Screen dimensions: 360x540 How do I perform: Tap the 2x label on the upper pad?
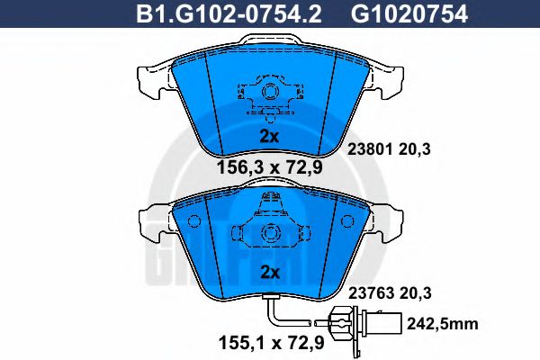(269, 137)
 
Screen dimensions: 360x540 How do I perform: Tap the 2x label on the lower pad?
(269, 272)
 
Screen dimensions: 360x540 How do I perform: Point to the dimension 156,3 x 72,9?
(269, 166)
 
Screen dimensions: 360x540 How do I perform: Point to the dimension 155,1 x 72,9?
(268, 343)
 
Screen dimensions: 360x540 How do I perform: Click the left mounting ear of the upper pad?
(150, 77)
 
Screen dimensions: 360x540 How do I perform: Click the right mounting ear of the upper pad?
(389, 77)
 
